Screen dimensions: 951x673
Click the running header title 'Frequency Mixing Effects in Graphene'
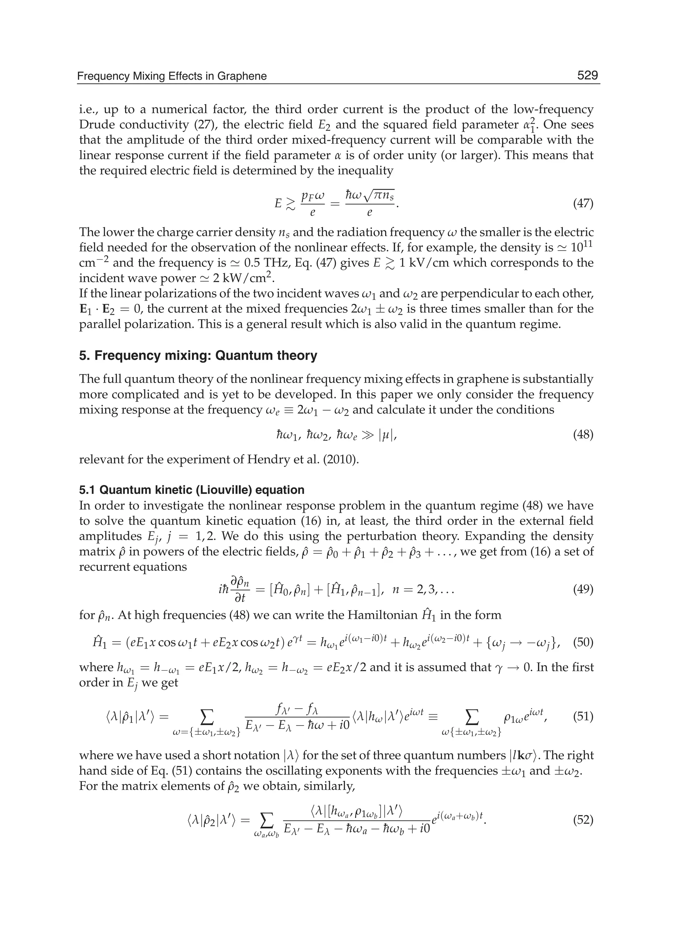coord(172,76)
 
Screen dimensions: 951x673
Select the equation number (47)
coord(583,204)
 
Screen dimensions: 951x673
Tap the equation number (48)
coord(583,435)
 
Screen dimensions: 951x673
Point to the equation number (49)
coord(583,589)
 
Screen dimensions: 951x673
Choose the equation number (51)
coord(583,716)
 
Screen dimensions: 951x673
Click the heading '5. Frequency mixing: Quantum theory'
coord(198,355)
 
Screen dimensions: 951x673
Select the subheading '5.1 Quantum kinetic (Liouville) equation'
coord(192,490)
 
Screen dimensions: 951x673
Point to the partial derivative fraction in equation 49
coord(240,589)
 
